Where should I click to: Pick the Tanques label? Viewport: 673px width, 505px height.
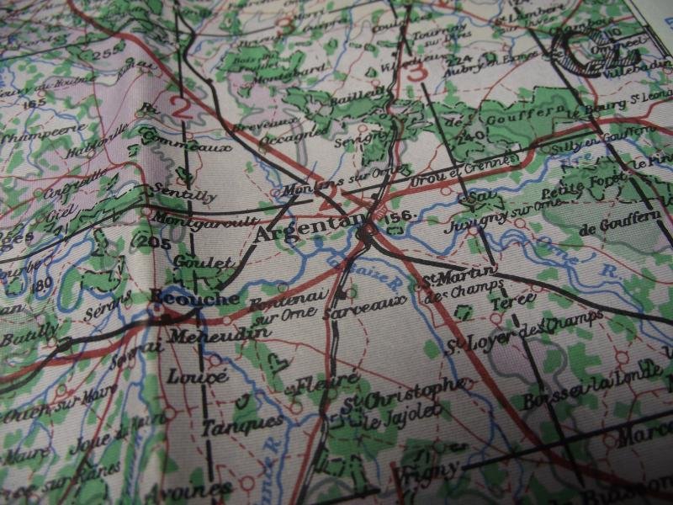pyautogui.click(x=231, y=425)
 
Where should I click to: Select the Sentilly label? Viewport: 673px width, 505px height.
pyautogui.click(x=187, y=195)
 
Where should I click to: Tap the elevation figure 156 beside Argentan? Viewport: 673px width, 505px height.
pyautogui.click(x=400, y=216)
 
